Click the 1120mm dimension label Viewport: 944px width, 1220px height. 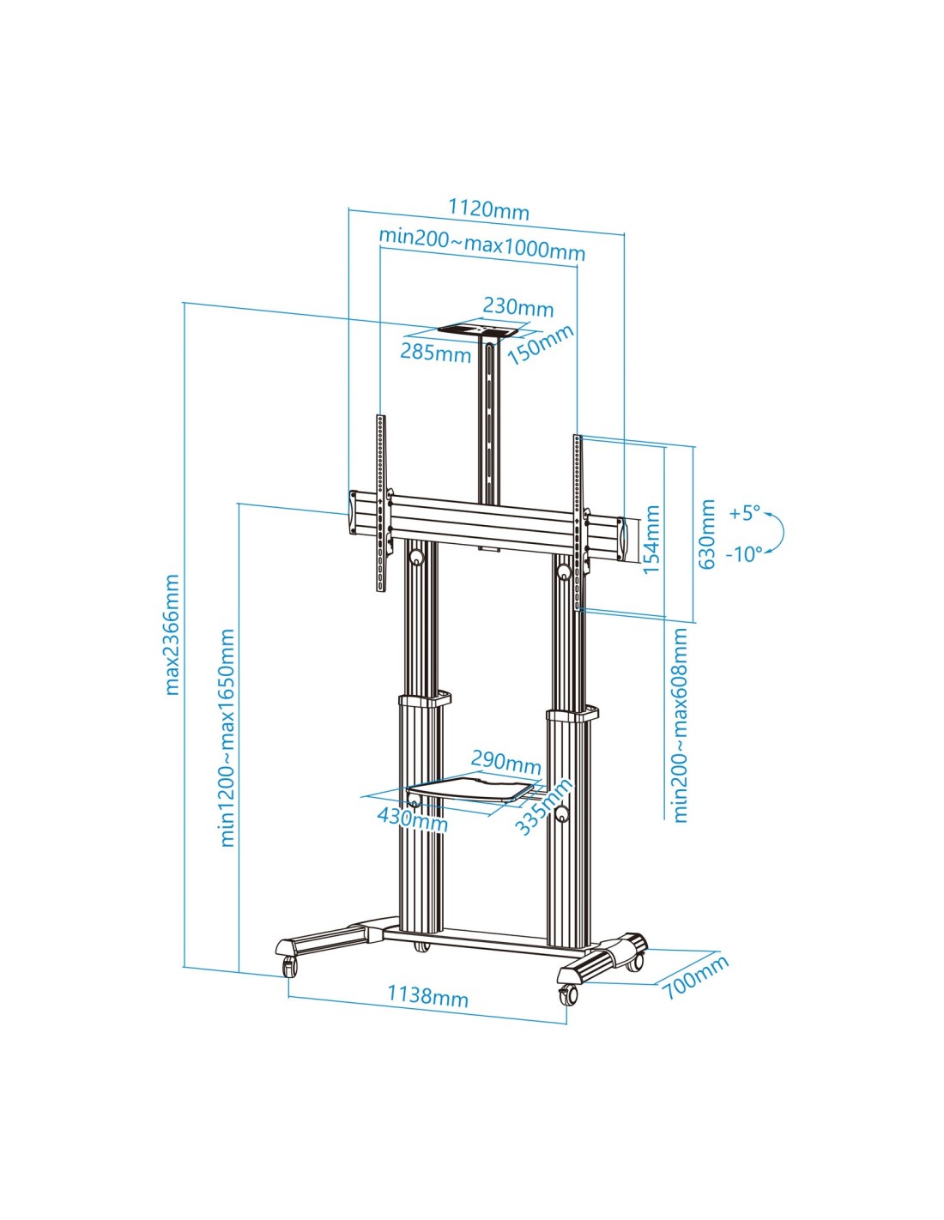tap(488, 209)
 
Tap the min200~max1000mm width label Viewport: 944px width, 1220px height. tap(481, 244)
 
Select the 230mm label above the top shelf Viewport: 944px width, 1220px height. tap(517, 306)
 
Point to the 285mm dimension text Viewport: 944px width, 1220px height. tap(435, 351)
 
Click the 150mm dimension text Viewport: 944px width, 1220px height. tap(540, 345)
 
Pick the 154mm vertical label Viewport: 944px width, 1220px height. tap(651, 540)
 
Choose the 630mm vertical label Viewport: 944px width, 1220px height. tap(707, 535)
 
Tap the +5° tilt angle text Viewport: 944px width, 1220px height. tap(744, 513)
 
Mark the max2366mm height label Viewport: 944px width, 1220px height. tap(172, 634)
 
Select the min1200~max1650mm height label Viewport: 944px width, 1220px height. tap(227, 738)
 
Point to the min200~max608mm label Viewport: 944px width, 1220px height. tap(680, 725)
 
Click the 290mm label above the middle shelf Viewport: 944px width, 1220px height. tap(505, 761)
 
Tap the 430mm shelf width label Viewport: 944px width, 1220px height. tap(412, 818)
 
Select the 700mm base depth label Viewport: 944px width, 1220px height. tap(694, 976)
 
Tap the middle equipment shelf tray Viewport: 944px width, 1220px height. tap(472, 790)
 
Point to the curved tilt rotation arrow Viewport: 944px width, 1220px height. tap(776, 532)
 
